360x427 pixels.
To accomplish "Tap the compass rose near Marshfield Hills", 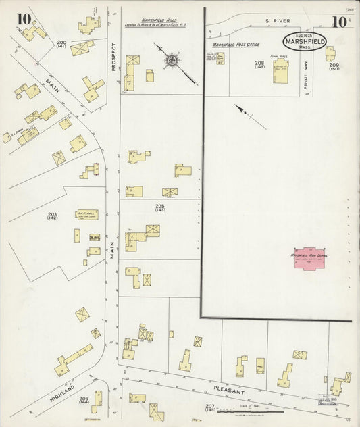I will (173, 60).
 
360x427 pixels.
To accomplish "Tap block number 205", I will (159, 207).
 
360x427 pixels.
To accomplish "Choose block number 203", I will (52, 216).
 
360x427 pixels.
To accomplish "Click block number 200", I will (61, 44).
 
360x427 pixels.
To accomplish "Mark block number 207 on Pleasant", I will (210, 407).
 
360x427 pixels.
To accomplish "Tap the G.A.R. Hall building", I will (86, 214).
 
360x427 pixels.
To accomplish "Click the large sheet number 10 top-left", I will (24, 18).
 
